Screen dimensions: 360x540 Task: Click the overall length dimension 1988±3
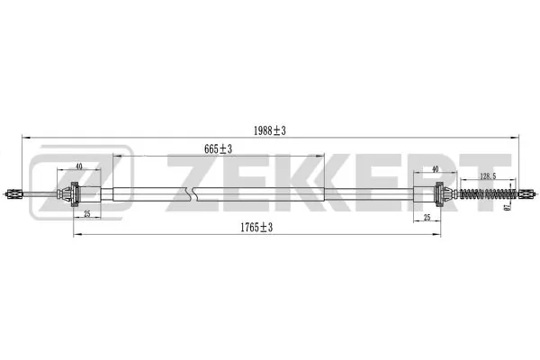pyautogui.click(x=271, y=130)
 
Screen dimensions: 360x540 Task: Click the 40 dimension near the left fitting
pyautogui.click(x=79, y=166)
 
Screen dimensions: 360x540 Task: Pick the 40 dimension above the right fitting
pyautogui.click(x=435, y=169)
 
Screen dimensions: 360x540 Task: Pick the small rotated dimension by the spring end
pyautogui.click(x=508, y=209)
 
